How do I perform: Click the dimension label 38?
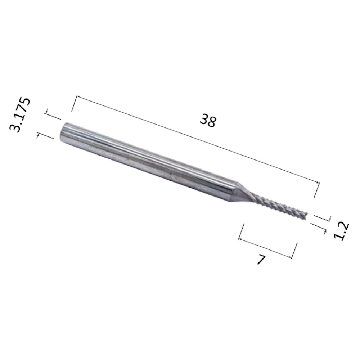point(208,121)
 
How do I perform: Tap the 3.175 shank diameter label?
point(20,115)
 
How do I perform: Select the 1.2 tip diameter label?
point(341,231)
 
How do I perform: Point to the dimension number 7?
point(261,260)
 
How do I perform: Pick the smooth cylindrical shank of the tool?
point(147,160)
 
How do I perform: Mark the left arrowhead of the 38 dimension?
point(78,96)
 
